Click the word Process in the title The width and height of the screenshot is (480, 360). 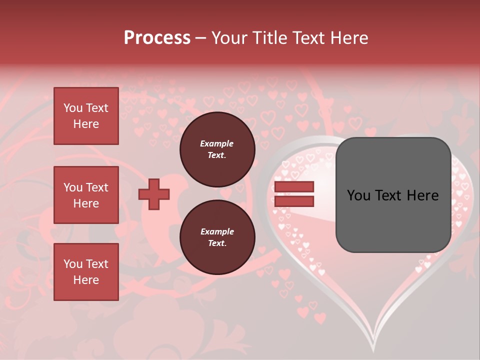(x=157, y=38)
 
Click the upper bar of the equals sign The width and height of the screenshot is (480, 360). (x=294, y=187)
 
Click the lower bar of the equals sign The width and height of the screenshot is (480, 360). (x=294, y=201)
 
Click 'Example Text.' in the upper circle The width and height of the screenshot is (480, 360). (x=217, y=149)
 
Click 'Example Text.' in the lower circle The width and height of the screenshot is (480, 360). (x=217, y=237)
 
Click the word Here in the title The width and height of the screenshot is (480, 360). (x=348, y=38)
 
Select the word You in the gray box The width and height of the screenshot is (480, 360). (x=358, y=195)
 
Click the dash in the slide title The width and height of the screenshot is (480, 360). (x=200, y=38)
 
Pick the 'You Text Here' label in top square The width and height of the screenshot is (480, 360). (x=86, y=116)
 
